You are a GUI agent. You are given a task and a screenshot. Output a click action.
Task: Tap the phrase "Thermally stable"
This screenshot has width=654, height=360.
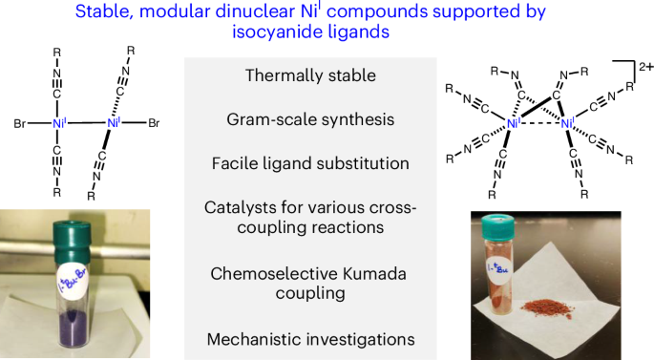[x=299, y=75]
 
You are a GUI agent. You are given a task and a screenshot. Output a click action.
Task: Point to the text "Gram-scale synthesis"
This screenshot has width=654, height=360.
[x=299, y=119]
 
